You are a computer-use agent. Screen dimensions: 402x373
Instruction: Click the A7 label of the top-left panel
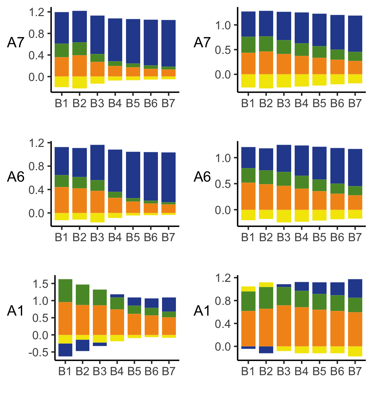coord(16,42)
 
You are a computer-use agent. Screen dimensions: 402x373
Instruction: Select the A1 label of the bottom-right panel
coord(202,311)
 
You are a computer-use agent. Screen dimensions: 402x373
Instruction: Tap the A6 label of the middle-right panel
coord(202,177)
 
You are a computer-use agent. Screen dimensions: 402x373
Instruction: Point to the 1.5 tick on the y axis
coord(41,284)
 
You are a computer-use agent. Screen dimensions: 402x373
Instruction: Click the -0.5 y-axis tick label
coord(38,352)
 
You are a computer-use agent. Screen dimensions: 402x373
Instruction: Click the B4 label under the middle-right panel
coord(301,237)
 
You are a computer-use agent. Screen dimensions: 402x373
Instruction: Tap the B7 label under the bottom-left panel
coord(169,371)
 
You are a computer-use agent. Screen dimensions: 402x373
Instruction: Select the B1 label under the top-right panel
coord(248,103)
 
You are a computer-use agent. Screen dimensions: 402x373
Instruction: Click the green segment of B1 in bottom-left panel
coord(65,290)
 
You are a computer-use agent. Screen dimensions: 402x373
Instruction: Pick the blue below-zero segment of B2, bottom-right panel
coord(266,350)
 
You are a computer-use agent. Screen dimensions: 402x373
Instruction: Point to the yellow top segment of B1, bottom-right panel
coord(248,289)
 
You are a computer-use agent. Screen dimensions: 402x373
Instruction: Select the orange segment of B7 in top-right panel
coord(355,67)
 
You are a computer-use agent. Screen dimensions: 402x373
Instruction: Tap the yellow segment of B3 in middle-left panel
coord(97,218)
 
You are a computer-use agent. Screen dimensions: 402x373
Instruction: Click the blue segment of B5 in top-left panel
coord(133,41)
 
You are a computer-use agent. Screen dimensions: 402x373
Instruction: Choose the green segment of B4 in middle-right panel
coord(302,182)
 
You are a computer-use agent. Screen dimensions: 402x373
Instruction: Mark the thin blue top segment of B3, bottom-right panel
coord(284,285)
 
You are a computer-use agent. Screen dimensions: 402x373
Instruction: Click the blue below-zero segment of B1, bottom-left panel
coord(65,350)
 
